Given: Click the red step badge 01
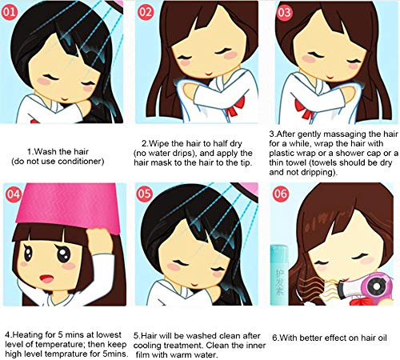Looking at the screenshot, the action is [10, 12].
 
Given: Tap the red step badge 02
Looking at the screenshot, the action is [146, 12].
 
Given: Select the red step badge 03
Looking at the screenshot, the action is [284, 12].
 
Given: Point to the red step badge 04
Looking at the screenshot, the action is [13, 194].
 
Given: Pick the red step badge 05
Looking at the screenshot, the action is [145, 194].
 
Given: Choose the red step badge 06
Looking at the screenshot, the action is [281, 194].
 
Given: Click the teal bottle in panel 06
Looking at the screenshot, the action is [279, 274].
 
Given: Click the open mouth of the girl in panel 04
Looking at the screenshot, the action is [47, 279].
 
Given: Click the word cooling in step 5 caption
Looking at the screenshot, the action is [146, 346].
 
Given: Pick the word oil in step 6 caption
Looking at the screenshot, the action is [381, 338].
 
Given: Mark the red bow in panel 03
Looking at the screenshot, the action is [303, 108].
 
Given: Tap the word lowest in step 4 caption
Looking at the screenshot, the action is [109, 335].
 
